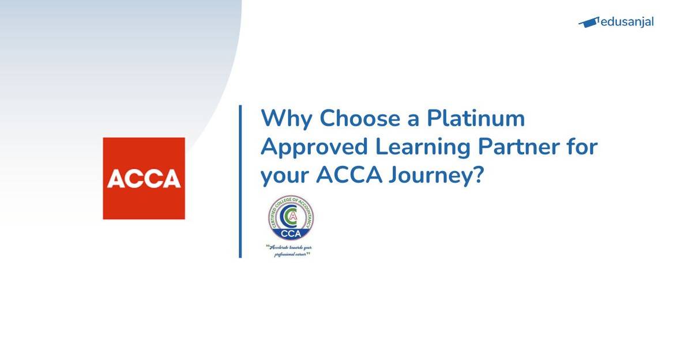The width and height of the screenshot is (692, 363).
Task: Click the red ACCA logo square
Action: tap(144, 178)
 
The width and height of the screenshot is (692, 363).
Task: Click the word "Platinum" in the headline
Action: tap(476, 119)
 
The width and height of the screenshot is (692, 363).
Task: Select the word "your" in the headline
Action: tap(284, 176)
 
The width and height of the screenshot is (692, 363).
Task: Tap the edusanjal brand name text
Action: tap(627, 22)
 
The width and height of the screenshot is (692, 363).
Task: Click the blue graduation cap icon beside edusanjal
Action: tap(588, 22)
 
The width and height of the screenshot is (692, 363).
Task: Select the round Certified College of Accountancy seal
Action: tap(291, 219)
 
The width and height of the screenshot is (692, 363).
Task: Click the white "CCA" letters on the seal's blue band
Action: tap(291, 233)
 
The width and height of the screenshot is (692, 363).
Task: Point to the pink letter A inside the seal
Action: tap(294, 216)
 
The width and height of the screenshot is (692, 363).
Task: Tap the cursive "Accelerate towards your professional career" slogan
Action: tap(292, 250)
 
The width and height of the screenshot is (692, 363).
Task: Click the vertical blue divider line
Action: tap(240, 181)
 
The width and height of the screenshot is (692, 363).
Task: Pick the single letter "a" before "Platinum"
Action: tap(413, 119)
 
